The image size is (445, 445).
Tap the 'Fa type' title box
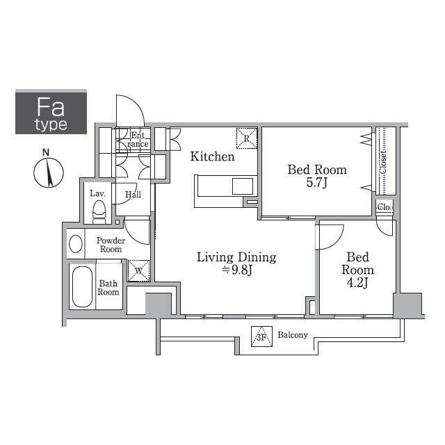point(51,112)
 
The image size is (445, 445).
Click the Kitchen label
point(213,157)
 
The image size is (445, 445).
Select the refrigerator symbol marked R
point(247,137)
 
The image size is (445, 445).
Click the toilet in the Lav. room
point(99,211)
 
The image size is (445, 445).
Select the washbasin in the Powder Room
point(76,244)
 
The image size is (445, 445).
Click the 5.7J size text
point(317,184)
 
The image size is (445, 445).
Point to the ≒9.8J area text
point(236,270)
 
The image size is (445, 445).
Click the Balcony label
point(292,335)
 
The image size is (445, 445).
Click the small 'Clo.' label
point(385,207)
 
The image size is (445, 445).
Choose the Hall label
point(133,195)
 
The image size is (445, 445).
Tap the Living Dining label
point(236,257)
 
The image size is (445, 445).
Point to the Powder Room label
point(110,244)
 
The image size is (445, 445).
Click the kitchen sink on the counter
point(243,186)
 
